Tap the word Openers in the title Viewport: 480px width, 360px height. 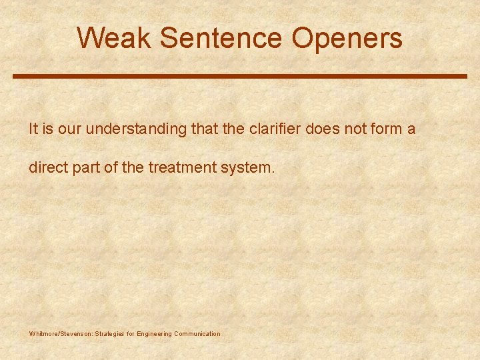tap(347, 38)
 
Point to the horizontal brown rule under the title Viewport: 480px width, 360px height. tap(240, 77)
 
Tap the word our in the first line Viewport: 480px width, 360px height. tap(69, 129)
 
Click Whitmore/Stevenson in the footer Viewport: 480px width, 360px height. tap(61, 333)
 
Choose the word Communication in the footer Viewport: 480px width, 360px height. tap(197, 333)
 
